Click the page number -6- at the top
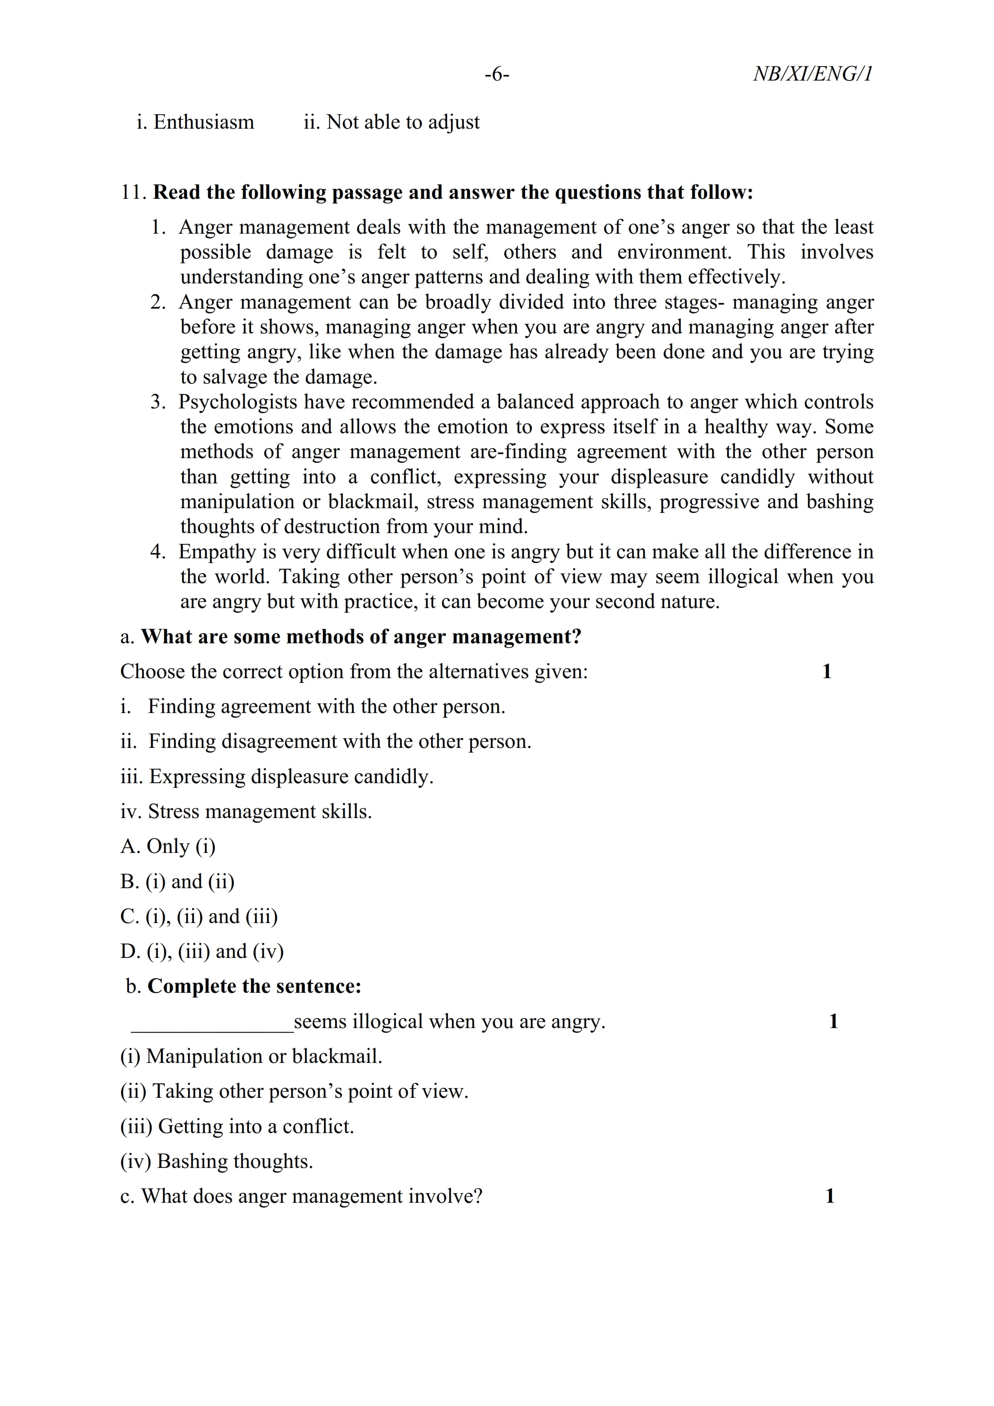pyautogui.click(x=497, y=75)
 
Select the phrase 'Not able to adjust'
pyautogui.click(x=403, y=123)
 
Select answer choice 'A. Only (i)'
pyautogui.click(x=168, y=847)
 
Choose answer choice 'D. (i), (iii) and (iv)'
pyautogui.click(x=202, y=951)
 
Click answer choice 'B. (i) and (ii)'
pyautogui.click(x=178, y=882)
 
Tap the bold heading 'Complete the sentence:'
pyautogui.click(x=254, y=986)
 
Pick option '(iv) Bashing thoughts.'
pyautogui.click(x=217, y=1162)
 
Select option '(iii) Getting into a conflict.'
pyautogui.click(x=238, y=1127)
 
